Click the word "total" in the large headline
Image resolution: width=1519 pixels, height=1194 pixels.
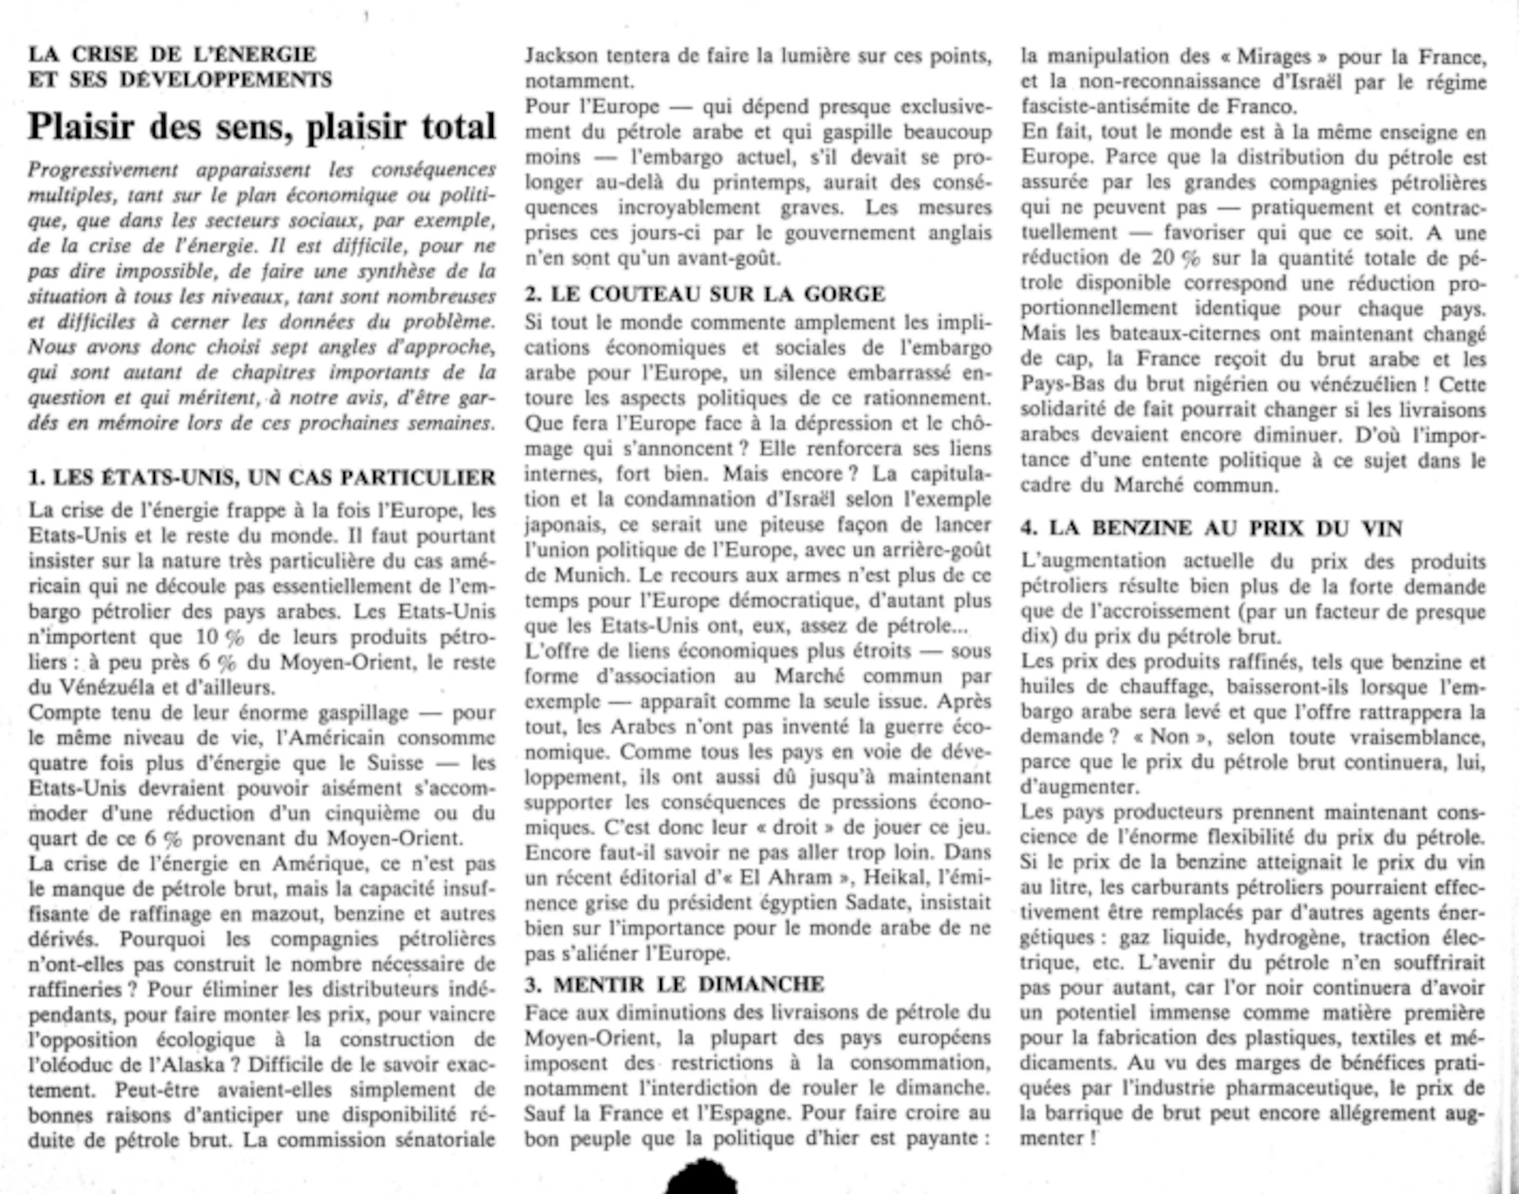point(454,126)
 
